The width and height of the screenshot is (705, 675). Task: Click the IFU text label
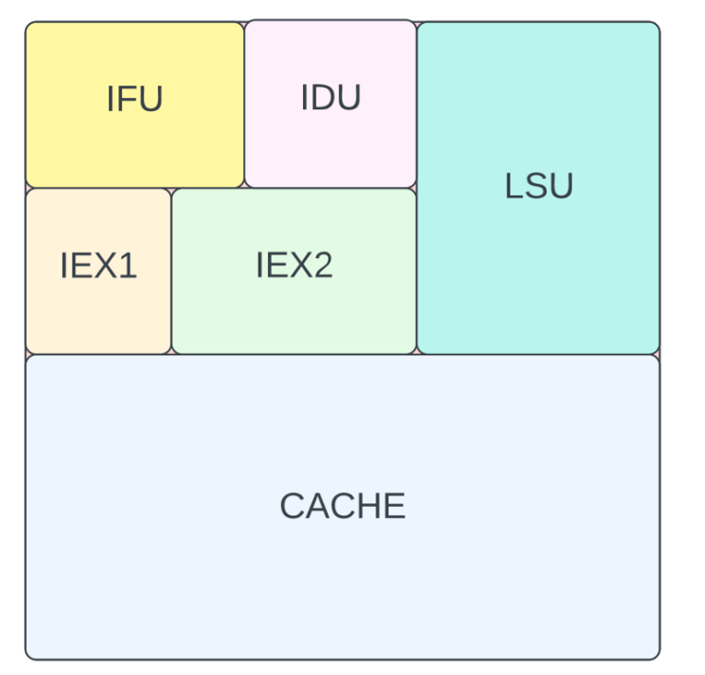click(x=134, y=99)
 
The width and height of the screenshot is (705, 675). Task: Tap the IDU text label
click(x=330, y=97)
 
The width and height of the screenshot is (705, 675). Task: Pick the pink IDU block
click(x=330, y=147)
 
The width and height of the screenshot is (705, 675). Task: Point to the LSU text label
click(x=539, y=186)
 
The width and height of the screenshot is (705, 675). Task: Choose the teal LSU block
click(x=539, y=276)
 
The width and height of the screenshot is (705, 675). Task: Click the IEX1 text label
click(x=98, y=266)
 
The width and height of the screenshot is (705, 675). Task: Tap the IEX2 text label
click(x=294, y=265)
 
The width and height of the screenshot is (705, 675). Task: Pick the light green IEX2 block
click(x=294, y=317)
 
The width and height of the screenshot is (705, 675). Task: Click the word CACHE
click(x=342, y=506)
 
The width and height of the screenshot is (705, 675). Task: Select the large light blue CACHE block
click(x=342, y=588)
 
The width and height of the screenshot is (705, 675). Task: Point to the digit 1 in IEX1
click(x=129, y=266)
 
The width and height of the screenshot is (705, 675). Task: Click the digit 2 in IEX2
click(x=322, y=265)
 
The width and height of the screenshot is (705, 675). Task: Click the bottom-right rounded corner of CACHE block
click(x=655, y=654)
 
